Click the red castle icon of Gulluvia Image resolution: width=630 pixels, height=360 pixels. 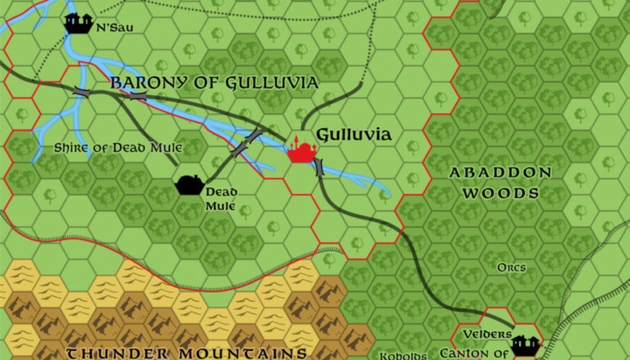[301, 150]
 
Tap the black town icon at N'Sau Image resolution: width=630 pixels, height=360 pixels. [78, 23]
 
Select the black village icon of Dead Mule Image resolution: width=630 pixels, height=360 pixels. [189, 184]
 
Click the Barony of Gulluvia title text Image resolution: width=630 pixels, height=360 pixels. [214, 83]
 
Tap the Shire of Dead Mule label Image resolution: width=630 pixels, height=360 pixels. [118, 148]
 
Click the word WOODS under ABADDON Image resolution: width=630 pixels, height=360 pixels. [500, 193]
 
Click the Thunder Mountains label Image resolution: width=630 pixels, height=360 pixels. [186, 353]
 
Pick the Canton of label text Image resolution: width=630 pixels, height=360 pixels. [474, 354]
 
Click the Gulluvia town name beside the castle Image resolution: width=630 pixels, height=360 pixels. [353, 135]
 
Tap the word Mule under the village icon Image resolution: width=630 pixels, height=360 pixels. [221, 206]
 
